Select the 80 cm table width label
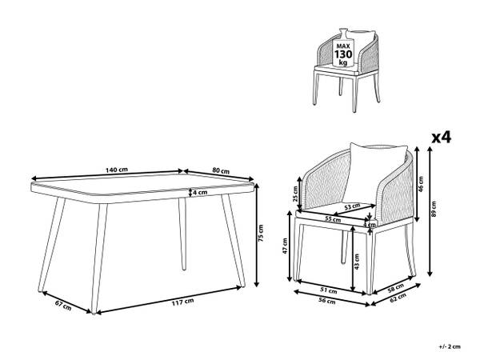(221, 170)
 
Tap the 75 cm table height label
(261, 234)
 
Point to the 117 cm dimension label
(182, 302)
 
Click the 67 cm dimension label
(63, 306)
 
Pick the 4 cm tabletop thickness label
(200, 192)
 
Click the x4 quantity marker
(441, 138)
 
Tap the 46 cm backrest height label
(421, 183)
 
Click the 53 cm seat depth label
(352, 206)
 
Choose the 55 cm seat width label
(333, 219)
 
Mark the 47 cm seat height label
(285, 246)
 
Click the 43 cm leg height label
(357, 262)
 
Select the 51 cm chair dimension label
(329, 290)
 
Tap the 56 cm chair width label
(327, 301)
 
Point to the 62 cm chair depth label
(398, 298)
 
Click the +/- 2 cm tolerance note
(450, 347)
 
